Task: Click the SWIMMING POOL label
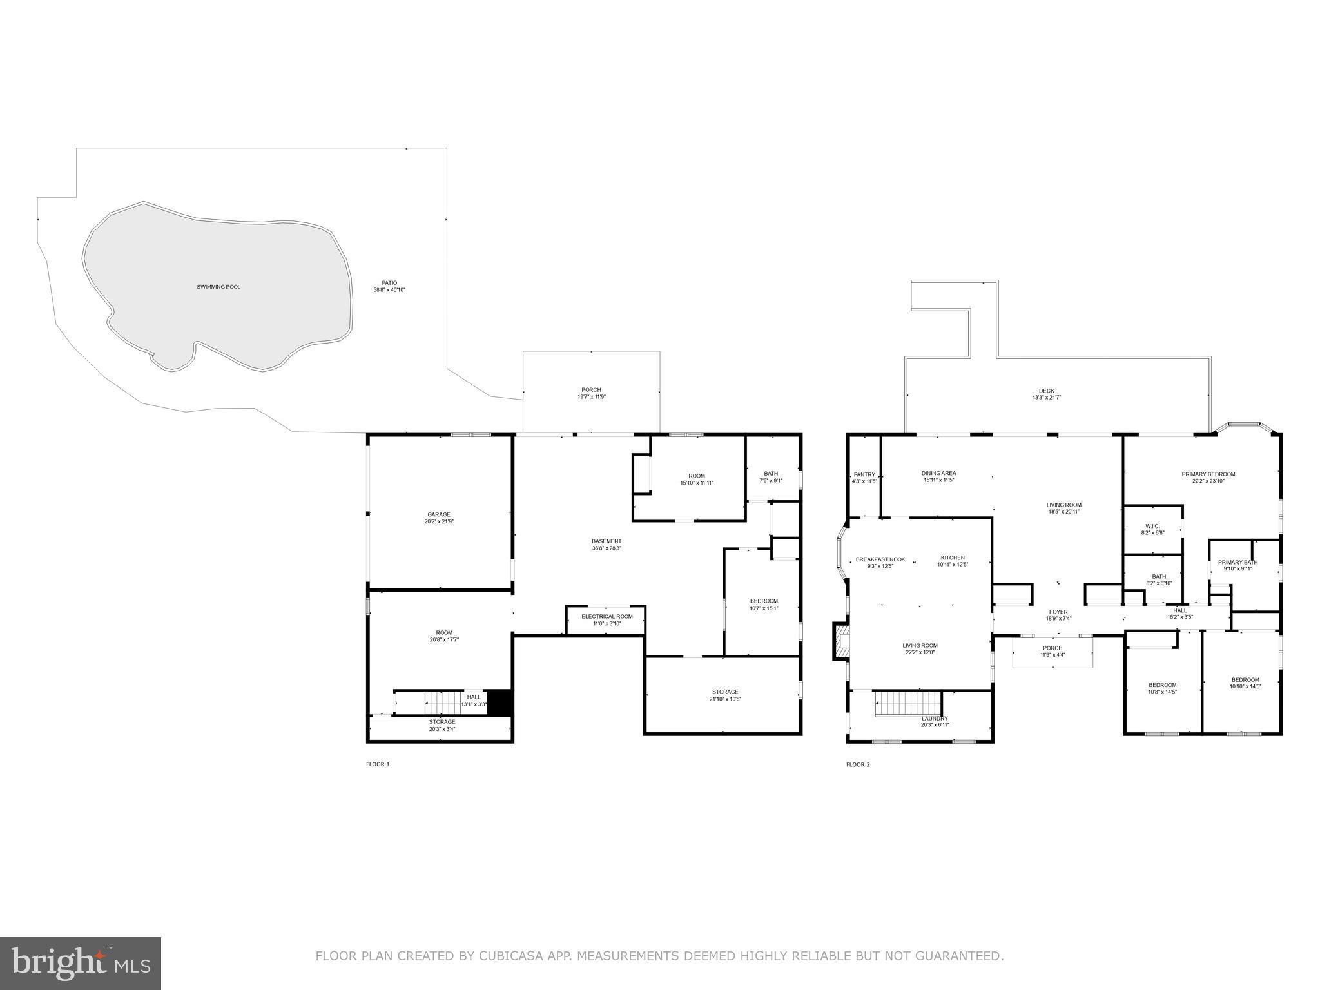[x=218, y=287]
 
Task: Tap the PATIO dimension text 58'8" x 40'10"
[x=389, y=290]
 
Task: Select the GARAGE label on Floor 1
[x=439, y=514]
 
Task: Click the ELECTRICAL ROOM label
[x=607, y=616]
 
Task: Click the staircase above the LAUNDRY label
[x=907, y=703]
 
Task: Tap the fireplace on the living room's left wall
[x=840, y=641]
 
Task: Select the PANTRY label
[x=864, y=474]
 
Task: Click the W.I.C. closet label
[x=1152, y=526]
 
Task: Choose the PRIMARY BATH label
[x=1237, y=562]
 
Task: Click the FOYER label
[x=1058, y=612]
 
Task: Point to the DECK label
[x=1046, y=391]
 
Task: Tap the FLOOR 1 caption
[x=378, y=764]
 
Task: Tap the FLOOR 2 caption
[x=858, y=764]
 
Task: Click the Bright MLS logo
[x=81, y=964]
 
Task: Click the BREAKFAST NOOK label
[x=880, y=559]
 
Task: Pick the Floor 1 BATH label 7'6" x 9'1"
[x=771, y=473]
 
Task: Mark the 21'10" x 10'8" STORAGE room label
[x=725, y=692]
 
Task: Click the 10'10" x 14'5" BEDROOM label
[x=1245, y=679]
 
